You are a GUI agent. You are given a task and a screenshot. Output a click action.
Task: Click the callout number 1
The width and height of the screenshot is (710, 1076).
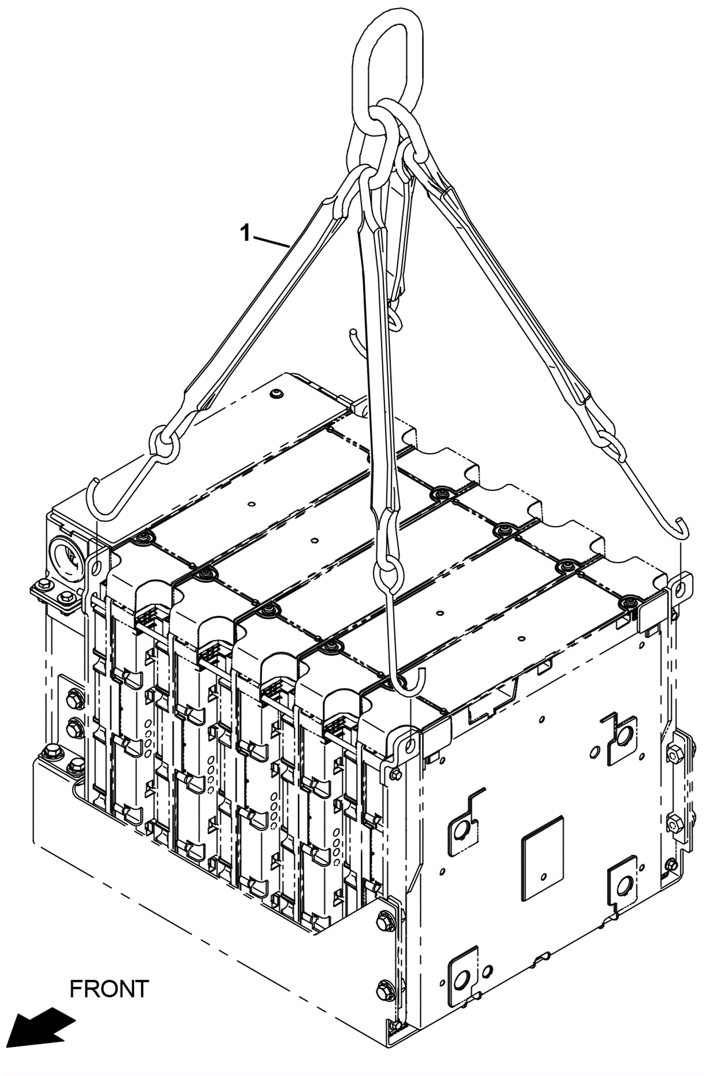245,233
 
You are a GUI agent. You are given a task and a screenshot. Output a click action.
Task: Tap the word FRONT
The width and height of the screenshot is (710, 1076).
109,989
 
